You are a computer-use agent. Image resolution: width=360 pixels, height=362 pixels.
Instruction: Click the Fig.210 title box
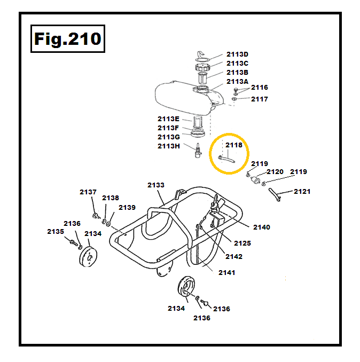point(67,39)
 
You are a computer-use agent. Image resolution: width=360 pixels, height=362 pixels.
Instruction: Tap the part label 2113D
point(237,54)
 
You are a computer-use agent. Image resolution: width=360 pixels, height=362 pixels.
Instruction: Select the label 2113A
point(237,81)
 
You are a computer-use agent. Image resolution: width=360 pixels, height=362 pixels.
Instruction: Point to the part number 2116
point(260,88)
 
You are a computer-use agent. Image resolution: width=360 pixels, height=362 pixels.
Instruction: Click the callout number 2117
point(260,99)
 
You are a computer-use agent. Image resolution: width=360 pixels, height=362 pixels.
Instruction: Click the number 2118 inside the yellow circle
point(233,145)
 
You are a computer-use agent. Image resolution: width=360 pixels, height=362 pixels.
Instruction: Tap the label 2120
point(275,172)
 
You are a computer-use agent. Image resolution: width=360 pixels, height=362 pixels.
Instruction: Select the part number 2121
point(302,192)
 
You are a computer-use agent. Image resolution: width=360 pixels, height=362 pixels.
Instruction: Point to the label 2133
point(156,185)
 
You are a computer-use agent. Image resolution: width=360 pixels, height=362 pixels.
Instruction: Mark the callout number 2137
point(88,192)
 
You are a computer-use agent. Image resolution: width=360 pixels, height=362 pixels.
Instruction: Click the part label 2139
point(127,208)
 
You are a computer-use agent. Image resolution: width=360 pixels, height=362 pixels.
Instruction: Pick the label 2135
point(56,231)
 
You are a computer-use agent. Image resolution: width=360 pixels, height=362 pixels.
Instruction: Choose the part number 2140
point(262,227)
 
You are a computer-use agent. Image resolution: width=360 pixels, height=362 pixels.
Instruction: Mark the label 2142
point(234,256)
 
